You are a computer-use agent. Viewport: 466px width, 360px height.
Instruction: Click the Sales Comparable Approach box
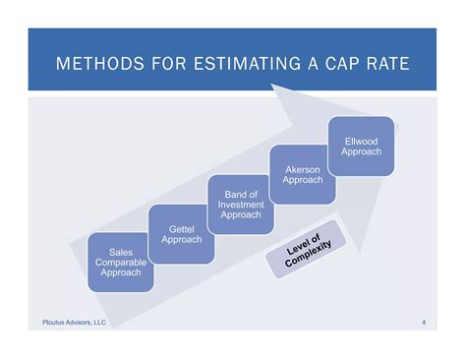pyautogui.click(x=120, y=261)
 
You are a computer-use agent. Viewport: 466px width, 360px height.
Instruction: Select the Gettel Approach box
pyautogui.click(x=180, y=233)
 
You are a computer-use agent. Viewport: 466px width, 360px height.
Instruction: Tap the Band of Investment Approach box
pyautogui.click(x=240, y=204)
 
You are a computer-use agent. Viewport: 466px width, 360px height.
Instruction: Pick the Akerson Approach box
pyautogui.click(x=302, y=174)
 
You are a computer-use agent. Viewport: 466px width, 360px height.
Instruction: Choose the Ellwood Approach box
pyautogui.click(x=360, y=146)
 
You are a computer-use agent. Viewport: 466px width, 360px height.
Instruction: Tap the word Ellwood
pyautogui.click(x=360, y=141)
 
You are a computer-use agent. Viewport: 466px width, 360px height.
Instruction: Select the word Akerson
pyautogui.click(x=303, y=169)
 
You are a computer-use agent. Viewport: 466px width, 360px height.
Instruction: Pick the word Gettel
pyautogui.click(x=180, y=228)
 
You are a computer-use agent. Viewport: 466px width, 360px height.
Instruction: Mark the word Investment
pyautogui.click(x=240, y=204)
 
